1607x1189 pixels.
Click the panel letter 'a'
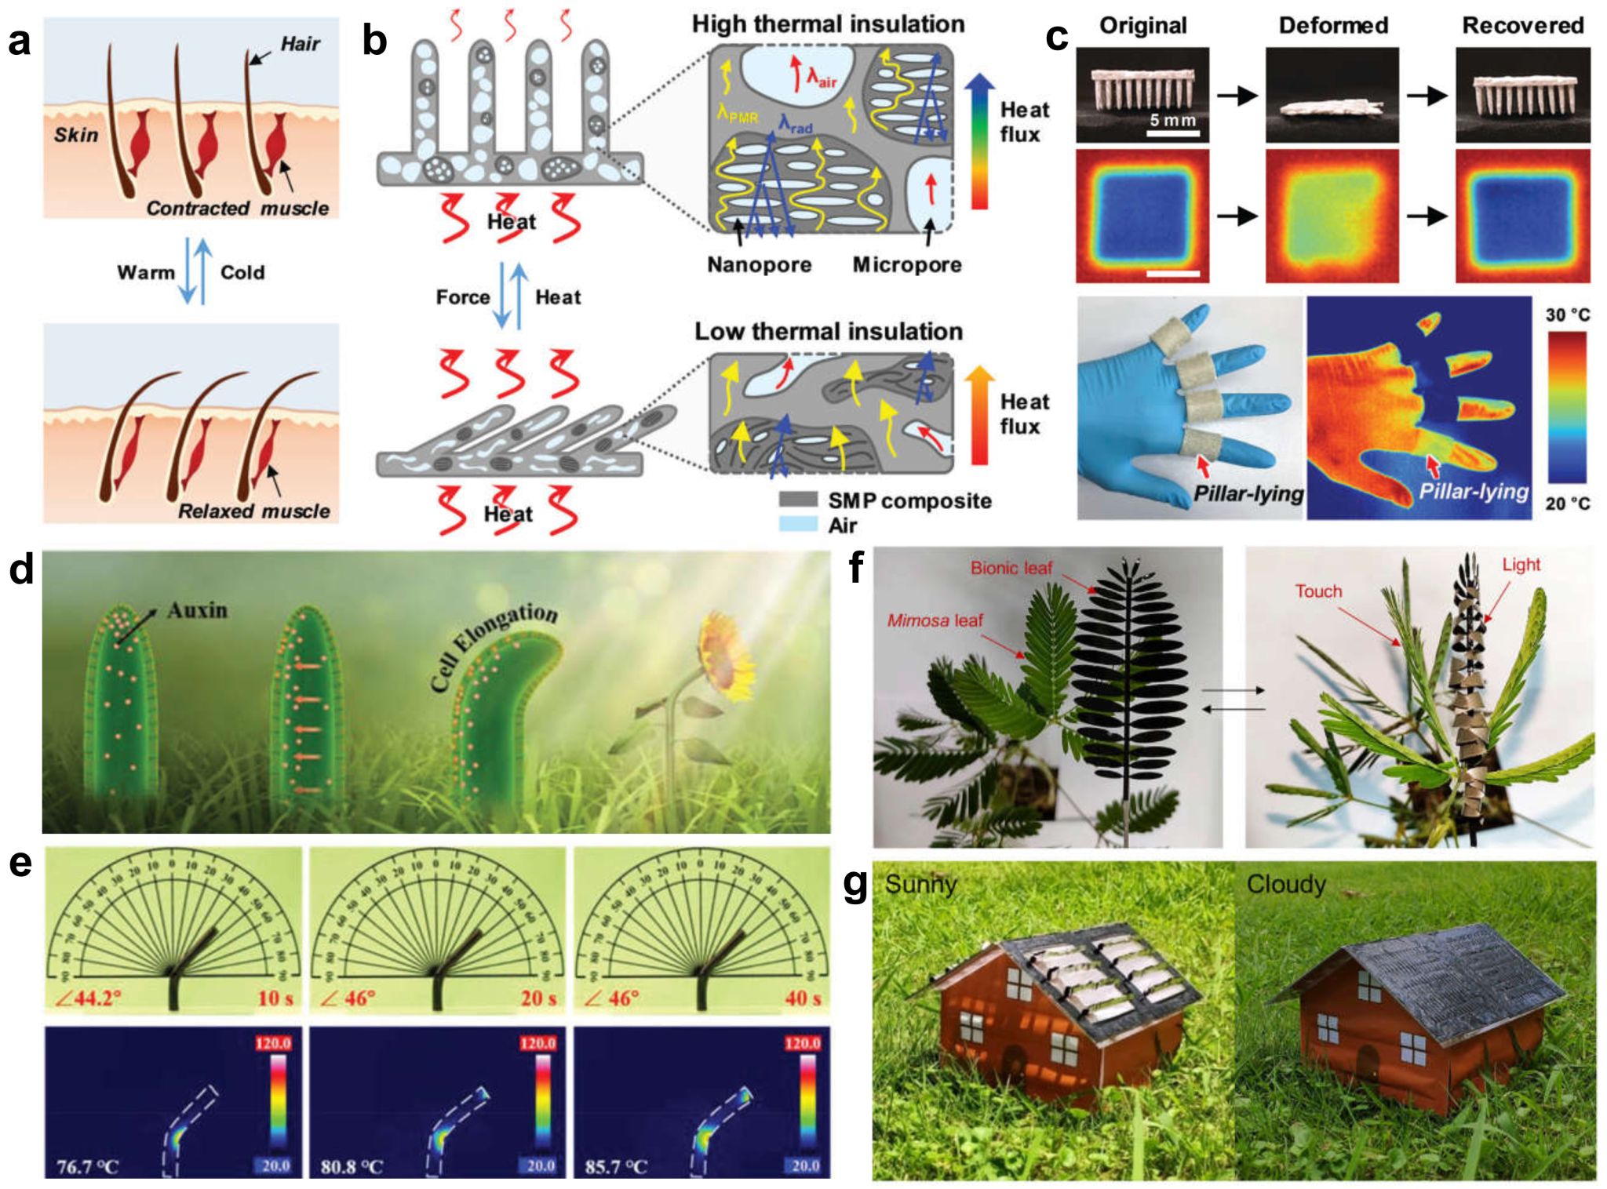coord(19,42)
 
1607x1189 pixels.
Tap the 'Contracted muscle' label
coord(237,209)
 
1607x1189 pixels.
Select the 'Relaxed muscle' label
coord(253,511)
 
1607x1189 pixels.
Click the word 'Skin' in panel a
coord(76,135)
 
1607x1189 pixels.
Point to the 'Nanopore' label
coord(759,264)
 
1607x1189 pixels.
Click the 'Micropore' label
coord(906,264)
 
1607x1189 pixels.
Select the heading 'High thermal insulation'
coord(828,24)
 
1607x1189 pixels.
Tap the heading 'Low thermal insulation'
coord(828,331)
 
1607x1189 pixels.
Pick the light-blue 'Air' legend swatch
coord(798,524)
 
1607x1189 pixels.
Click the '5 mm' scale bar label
coord(1172,120)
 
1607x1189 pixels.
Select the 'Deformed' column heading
coord(1333,25)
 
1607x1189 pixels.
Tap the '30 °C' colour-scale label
coord(1567,315)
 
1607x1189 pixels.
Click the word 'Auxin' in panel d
coord(197,609)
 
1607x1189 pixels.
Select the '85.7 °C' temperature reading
coord(616,1166)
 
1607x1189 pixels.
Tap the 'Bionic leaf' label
coord(1011,568)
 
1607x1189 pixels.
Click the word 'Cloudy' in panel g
coord(1285,885)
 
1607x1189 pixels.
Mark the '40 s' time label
coord(803,998)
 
